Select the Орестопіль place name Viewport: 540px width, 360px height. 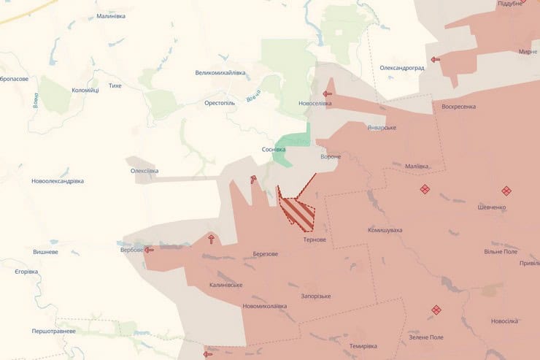coord(220,103)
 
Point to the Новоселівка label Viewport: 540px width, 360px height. coord(315,103)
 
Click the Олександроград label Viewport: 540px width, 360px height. coord(402,67)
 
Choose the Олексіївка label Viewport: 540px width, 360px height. coord(144,171)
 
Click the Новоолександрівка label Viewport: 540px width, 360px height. coord(58,181)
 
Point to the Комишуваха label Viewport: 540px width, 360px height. coord(385,230)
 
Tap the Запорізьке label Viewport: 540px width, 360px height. coord(316,296)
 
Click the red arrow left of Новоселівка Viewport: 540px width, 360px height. coord(328,93)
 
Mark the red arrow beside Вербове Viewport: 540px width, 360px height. coord(149,250)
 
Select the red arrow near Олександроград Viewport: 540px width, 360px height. coord(436,59)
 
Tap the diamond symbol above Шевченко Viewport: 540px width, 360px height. coord(506,191)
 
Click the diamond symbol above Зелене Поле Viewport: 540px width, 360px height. coord(436,310)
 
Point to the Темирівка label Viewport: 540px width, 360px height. coord(363,345)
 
